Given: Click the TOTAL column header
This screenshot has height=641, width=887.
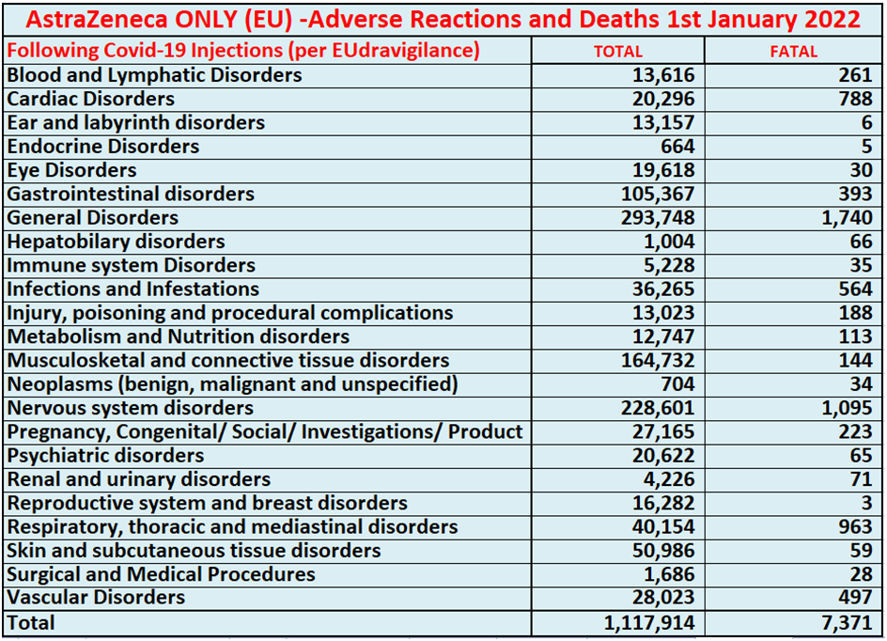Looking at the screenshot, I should (617, 52).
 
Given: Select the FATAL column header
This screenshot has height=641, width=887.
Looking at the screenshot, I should (793, 52).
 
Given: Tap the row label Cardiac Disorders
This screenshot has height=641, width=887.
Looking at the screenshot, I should (90, 99).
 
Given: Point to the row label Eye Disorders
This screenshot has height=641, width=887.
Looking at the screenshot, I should (71, 170).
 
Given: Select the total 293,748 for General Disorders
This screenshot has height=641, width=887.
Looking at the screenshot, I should (652, 218).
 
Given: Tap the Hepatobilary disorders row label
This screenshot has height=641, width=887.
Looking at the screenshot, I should (116, 242).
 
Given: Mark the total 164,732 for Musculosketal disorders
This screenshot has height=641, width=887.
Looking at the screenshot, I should (652, 361).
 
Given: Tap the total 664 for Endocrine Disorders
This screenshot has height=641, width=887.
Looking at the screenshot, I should (677, 147).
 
